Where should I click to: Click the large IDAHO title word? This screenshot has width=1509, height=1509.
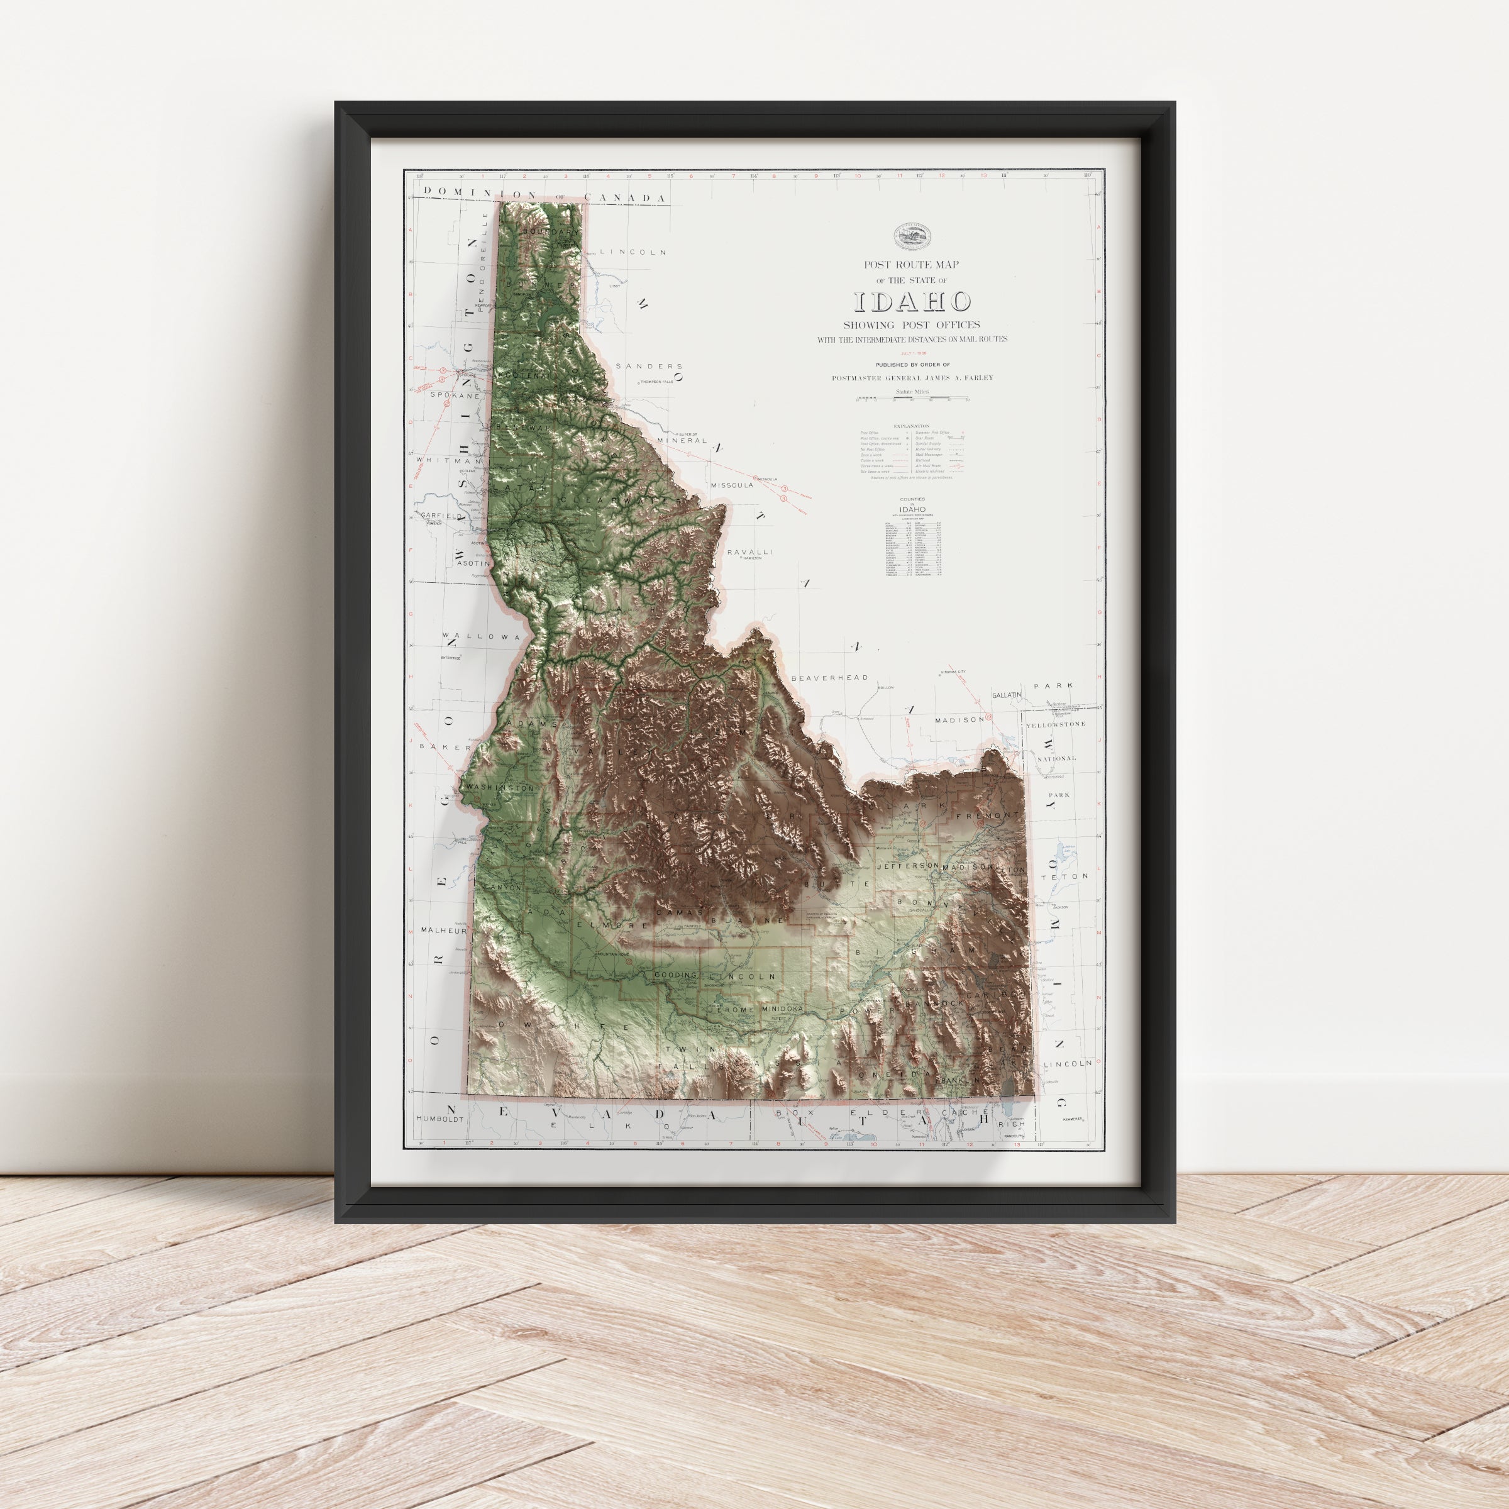[x=912, y=302]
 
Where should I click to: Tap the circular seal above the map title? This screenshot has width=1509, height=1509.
[x=912, y=233]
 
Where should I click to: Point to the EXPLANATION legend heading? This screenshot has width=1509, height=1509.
[x=912, y=426]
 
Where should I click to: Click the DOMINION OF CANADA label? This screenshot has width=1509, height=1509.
[x=544, y=196]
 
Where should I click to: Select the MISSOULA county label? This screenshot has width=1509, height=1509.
[x=732, y=485]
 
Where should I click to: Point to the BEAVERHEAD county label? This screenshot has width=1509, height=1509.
[x=829, y=678]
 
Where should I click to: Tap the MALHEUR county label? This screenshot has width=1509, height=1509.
[x=443, y=931]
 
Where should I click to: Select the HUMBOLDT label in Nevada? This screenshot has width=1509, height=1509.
[x=439, y=1119]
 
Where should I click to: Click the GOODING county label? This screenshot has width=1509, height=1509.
[x=680, y=976]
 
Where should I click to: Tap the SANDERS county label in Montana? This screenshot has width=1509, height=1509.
[x=649, y=365]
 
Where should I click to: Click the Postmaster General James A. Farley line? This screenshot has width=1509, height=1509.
[x=912, y=378]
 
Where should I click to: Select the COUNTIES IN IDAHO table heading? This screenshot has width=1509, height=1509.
[x=912, y=504]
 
